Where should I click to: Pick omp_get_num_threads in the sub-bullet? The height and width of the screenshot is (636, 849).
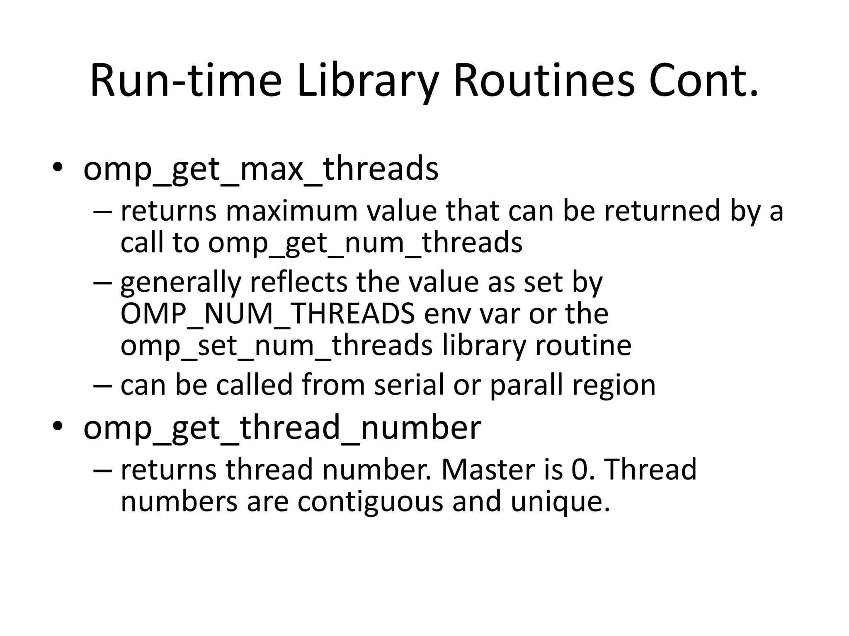click(x=365, y=243)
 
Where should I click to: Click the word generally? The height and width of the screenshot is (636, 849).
click(x=181, y=283)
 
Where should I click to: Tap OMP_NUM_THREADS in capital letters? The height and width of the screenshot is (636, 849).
click(x=267, y=314)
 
